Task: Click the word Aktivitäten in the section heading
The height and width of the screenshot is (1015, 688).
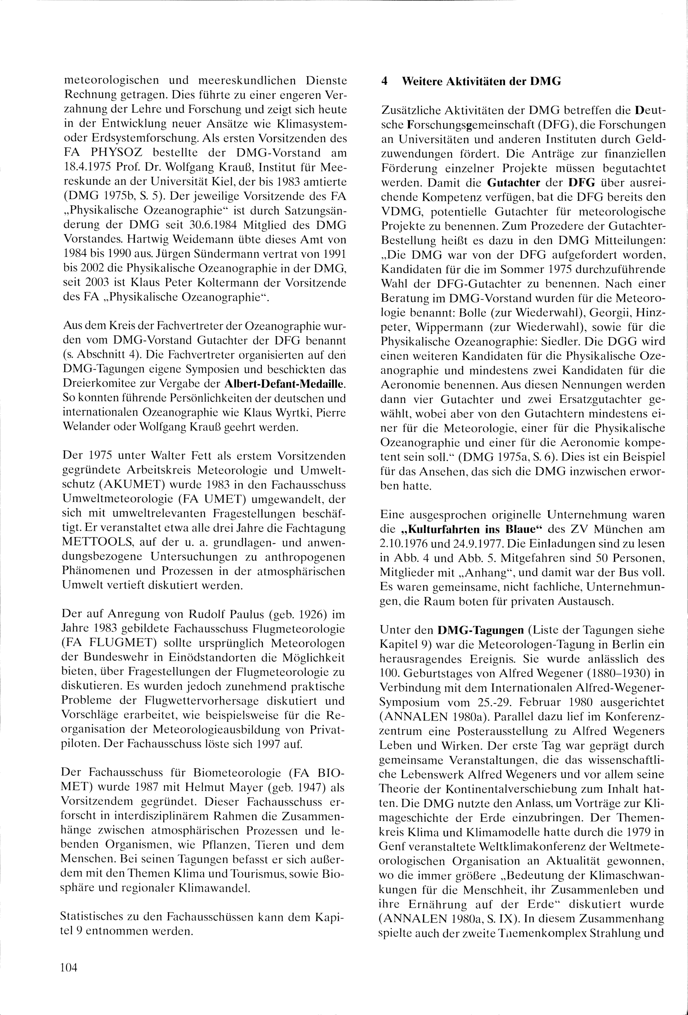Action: pos(469,82)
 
